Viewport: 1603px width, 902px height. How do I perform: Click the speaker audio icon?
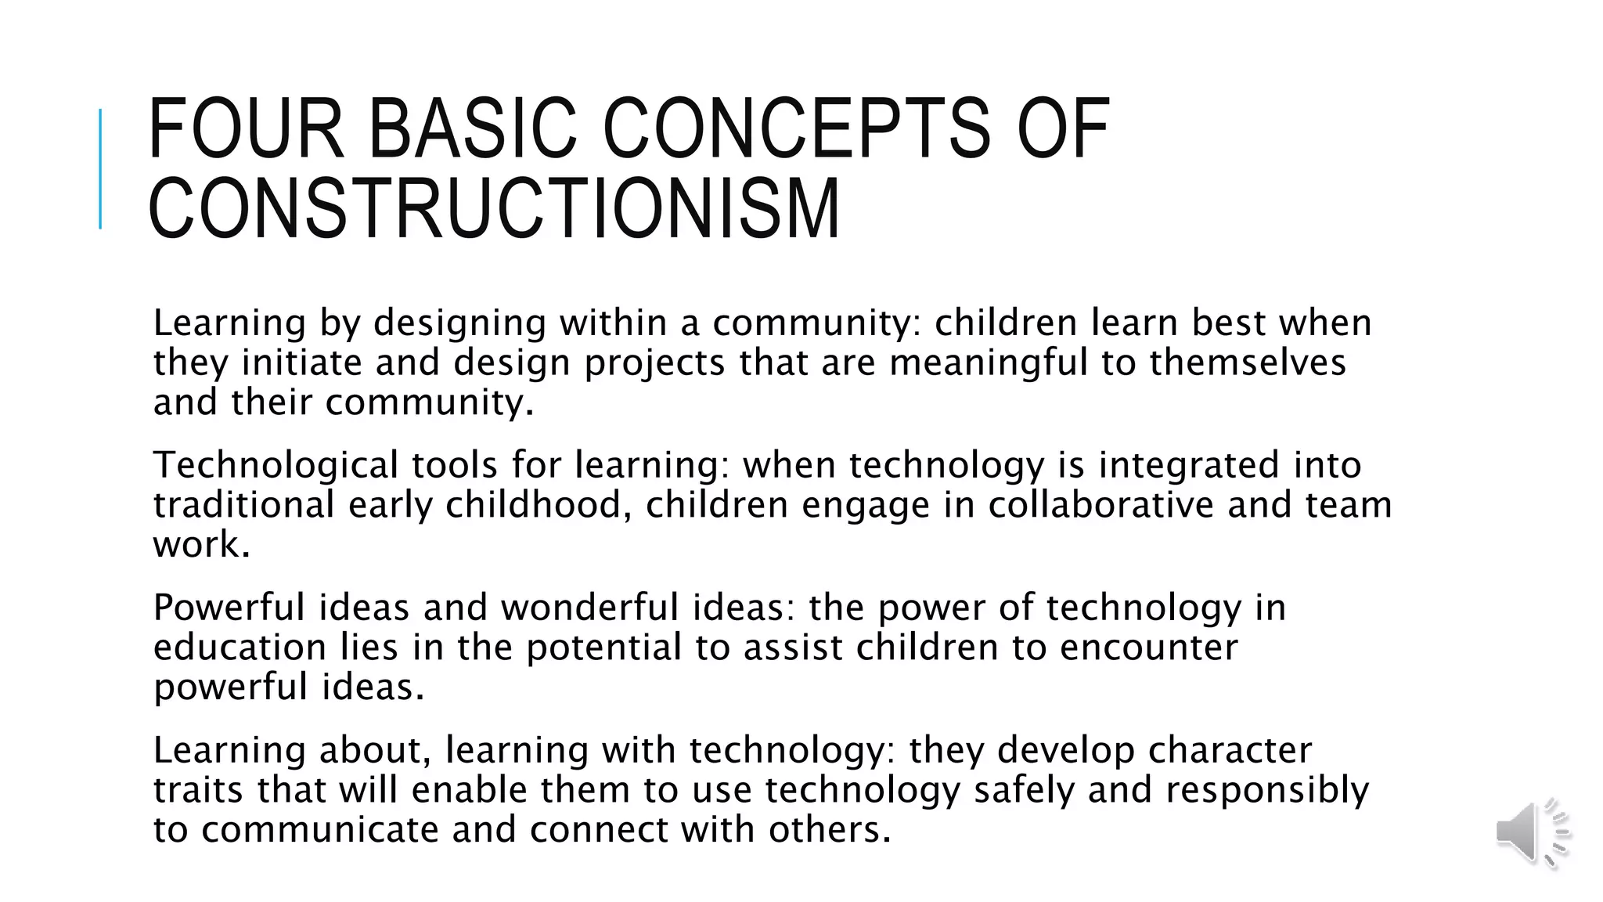[x=1533, y=832]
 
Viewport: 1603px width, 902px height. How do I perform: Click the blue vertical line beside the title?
[x=100, y=168]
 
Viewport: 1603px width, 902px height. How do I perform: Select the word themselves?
[x=1248, y=363]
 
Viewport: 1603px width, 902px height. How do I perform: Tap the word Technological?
[x=276, y=466]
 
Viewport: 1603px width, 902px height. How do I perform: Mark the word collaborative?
[x=1100, y=505]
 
